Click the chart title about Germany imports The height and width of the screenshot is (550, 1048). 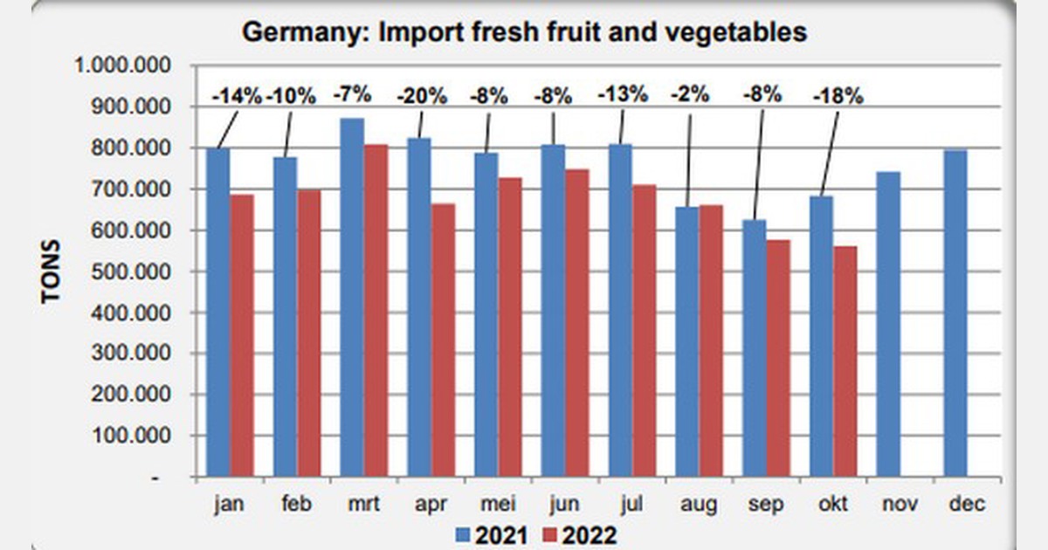click(524, 33)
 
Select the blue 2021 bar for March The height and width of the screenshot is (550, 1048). click(353, 297)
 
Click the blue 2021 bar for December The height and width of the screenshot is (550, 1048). click(955, 314)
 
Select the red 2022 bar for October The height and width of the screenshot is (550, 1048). click(844, 361)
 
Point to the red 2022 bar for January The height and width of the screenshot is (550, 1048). click(242, 336)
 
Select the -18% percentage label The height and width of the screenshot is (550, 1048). click(838, 96)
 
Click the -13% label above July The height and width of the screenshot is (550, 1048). click(622, 95)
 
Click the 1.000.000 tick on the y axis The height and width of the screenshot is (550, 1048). click(122, 66)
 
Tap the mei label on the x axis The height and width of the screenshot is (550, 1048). click(498, 505)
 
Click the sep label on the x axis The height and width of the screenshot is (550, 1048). click(767, 505)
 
